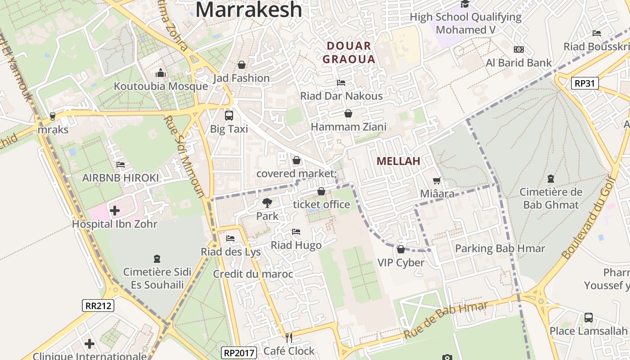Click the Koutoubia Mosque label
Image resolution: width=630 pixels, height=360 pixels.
161,86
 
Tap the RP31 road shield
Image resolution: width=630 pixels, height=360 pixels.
585,83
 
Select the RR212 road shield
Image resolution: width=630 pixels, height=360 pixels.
99,306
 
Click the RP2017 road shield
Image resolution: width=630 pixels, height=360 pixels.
239,352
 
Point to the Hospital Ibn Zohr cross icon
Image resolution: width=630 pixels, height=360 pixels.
115,210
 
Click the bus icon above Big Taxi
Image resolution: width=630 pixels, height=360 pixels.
229,115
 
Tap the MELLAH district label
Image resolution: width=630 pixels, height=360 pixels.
398,161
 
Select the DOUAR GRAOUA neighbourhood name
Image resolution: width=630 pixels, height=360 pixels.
349,52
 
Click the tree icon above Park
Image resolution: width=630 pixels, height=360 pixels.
267,203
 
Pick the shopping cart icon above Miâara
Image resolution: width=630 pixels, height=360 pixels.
436,181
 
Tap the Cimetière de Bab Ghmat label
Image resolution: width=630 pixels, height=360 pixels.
551,198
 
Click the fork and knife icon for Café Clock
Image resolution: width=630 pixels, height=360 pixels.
289,337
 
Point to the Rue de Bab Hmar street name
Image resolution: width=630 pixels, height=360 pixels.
445,320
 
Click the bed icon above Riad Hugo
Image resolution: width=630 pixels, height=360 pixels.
296,232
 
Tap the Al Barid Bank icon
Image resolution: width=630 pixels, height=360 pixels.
518,49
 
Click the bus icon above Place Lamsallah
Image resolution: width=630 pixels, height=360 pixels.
588,318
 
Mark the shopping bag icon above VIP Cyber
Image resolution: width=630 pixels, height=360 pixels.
400,249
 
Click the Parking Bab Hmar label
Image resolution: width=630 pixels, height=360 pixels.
500,248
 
